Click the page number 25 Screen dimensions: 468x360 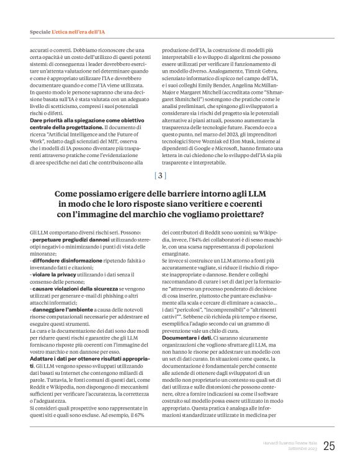click(328, 445)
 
